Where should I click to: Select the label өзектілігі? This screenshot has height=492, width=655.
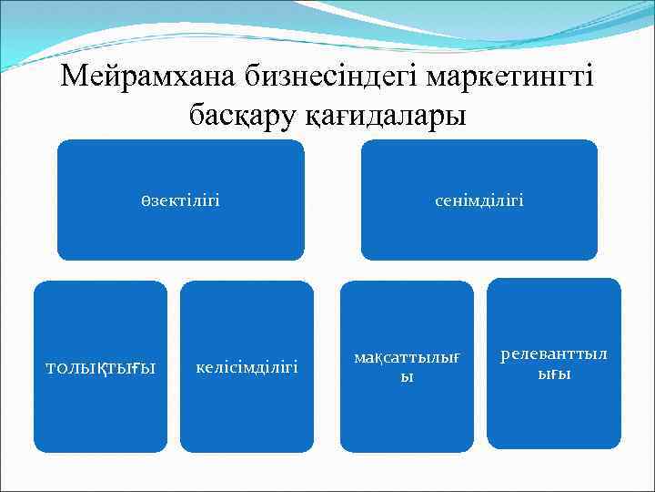click(180, 200)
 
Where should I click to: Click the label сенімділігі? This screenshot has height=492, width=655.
click(479, 200)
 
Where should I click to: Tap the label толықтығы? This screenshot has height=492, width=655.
click(101, 367)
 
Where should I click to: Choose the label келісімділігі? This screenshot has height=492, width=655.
click(247, 367)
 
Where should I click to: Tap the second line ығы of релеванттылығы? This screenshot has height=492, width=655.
click(554, 374)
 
